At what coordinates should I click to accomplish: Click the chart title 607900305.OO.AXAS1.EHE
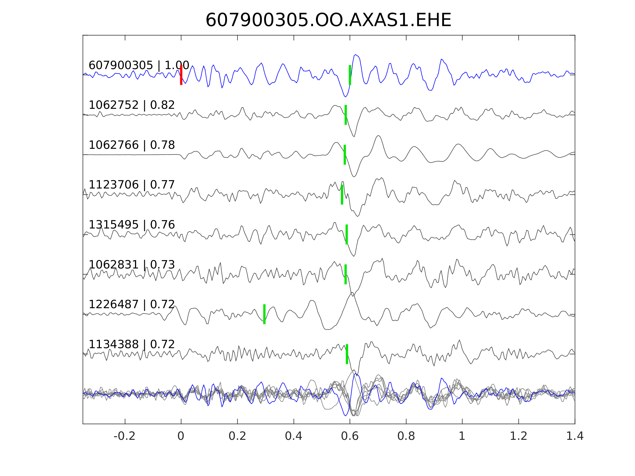point(328,20)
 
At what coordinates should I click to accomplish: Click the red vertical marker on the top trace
point(181,75)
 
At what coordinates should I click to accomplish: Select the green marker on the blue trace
point(350,75)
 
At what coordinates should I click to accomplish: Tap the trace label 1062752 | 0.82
point(132,105)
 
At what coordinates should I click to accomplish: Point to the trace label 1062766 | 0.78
point(132,145)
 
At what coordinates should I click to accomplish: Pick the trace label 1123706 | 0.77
point(132,185)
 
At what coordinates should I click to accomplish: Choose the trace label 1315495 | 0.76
point(132,225)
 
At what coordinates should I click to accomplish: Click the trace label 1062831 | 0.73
point(132,265)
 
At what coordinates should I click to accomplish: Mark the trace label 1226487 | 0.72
point(132,304)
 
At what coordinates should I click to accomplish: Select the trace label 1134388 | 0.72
point(132,344)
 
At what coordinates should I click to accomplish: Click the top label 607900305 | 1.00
point(139,66)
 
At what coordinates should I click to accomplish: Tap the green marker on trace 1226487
point(264,314)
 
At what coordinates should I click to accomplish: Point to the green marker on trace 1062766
point(345,155)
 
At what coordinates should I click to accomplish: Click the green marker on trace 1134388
point(347,354)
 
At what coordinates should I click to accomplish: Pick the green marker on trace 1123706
point(342,194)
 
